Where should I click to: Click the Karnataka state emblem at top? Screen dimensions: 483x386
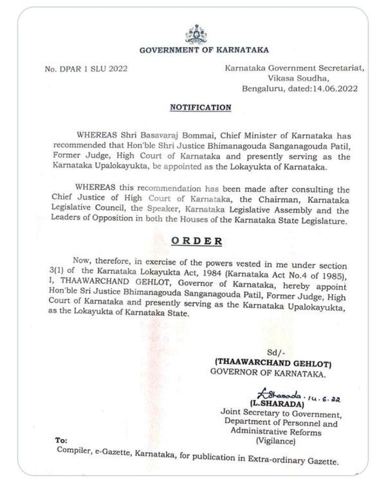pos(196,34)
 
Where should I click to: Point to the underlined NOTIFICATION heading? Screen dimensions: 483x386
pos(200,108)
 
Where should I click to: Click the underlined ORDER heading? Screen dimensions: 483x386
pos(196,241)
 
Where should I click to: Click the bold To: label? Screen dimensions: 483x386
pos(61,440)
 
